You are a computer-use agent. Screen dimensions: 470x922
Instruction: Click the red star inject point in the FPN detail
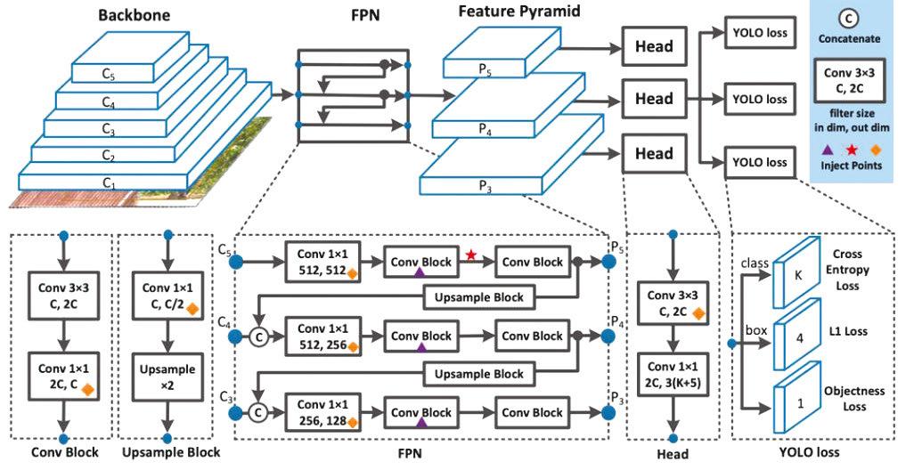[x=470, y=255]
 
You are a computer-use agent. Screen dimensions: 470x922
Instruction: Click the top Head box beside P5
[x=654, y=46]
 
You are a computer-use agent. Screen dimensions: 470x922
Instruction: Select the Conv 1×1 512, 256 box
[x=320, y=337]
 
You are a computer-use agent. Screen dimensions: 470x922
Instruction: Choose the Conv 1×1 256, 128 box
[x=320, y=412]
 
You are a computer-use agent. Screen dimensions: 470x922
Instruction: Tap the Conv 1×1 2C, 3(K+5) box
[x=673, y=374]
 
